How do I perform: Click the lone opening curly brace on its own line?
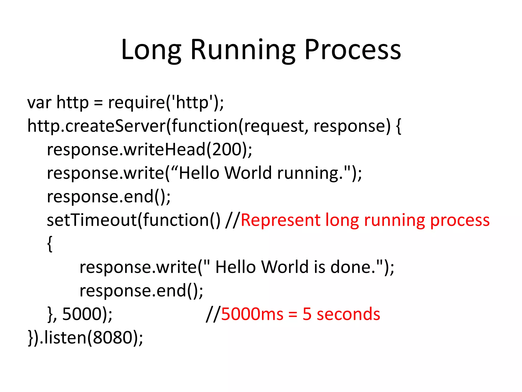50,244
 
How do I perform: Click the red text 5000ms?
252,314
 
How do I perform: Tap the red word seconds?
348,314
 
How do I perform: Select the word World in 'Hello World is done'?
285,267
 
